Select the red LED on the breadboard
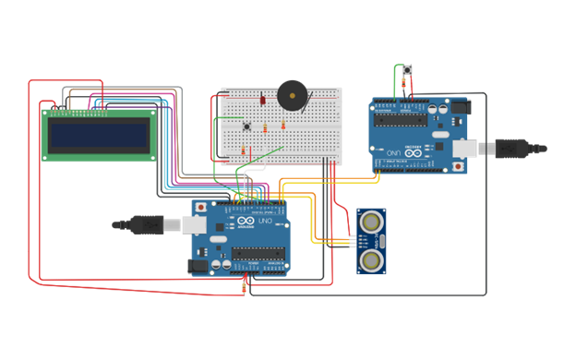(261, 100)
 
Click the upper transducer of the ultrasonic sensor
(372, 222)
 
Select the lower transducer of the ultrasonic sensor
(372, 260)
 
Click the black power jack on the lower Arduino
(198, 265)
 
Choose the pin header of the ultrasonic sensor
(354, 241)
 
